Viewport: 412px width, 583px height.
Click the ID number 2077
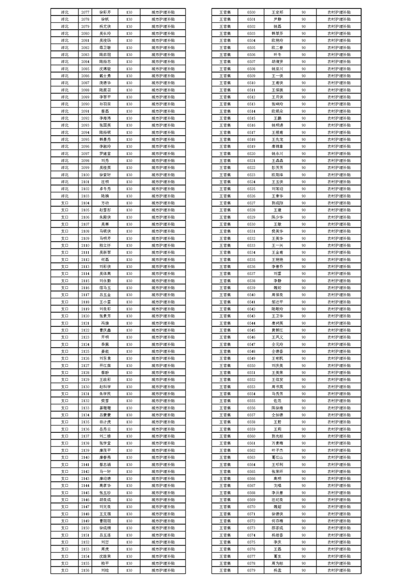[x=86, y=11]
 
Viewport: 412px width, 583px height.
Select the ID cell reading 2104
[x=86, y=202]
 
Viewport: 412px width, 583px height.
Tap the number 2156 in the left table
[x=86, y=570]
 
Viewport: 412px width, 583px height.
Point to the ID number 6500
[x=251, y=11]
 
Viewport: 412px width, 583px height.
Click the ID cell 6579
[x=251, y=570]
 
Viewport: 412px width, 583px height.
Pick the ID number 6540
[x=251, y=294]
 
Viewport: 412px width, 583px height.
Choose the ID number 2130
[x=86, y=386]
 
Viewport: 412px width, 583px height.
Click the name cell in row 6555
[x=277, y=400]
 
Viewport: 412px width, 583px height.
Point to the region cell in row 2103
[x=65, y=195]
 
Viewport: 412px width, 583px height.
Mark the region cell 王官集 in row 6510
[x=225, y=82]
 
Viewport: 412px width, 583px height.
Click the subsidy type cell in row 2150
[x=163, y=527]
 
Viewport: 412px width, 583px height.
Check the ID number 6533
[x=251, y=245]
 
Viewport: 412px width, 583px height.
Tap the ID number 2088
[x=86, y=89]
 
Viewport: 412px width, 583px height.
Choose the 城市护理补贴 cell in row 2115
[x=163, y=280]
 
